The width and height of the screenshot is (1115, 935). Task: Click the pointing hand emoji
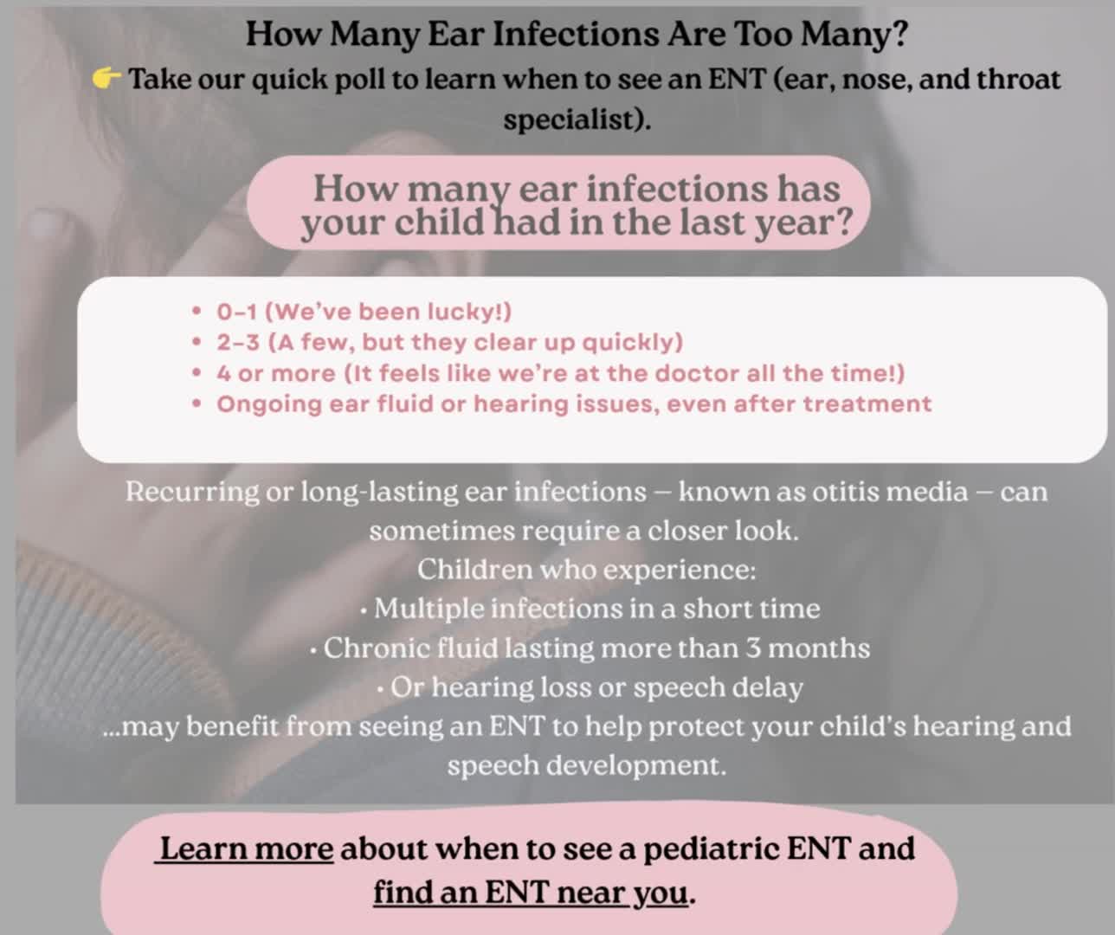pos(106,79)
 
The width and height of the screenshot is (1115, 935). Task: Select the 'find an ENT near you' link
pos(531,893)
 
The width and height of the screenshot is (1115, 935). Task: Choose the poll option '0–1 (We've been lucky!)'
pos(364,312)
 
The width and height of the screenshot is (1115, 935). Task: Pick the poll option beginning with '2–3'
pos(449,342)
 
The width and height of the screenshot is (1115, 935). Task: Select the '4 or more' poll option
pos(561,373)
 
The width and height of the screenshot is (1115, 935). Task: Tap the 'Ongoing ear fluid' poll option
pos(574,403)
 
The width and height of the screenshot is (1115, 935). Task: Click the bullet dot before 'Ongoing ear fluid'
pos(197,404)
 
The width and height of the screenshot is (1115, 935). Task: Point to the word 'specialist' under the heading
pos(571,119)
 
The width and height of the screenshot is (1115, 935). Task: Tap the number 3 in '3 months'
pos(753,648)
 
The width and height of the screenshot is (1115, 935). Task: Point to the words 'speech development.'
pos(587,765)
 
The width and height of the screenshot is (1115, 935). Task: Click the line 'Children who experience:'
pos(587,569)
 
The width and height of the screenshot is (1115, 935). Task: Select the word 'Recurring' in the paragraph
pos(192,492)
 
